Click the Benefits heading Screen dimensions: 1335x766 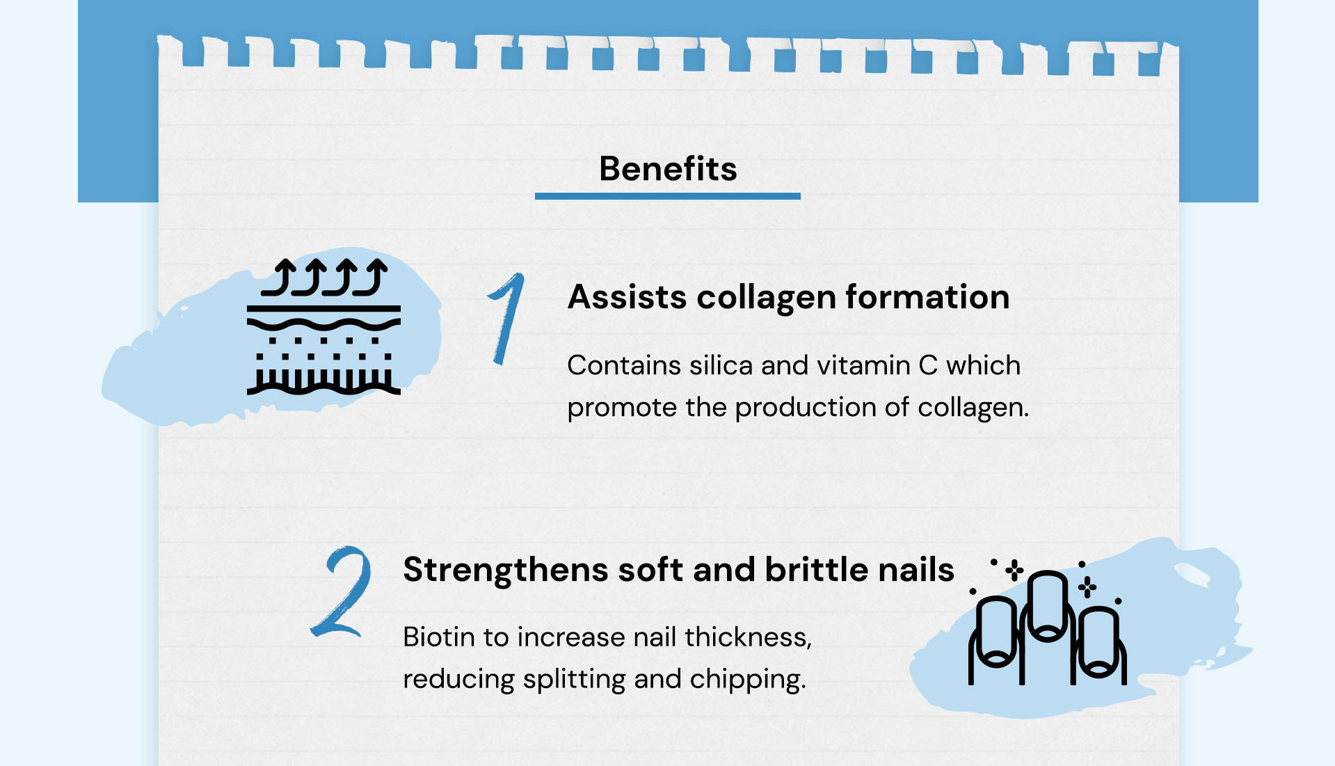(x=668, y=168)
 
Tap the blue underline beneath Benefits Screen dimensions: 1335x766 (x=668, y=196)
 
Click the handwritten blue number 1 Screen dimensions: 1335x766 (x=506, y=318)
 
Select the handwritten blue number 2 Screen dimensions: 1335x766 (x=341, y=591)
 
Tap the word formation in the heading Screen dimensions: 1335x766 (x=927, y=297)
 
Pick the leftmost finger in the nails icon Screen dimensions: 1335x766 (x=996, y=637)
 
